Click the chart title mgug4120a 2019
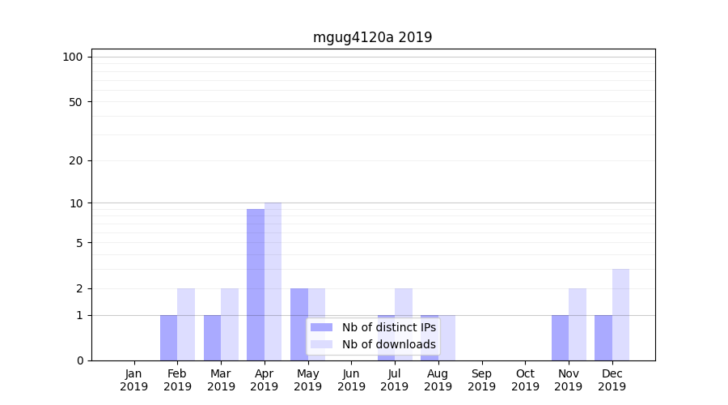[372, 37]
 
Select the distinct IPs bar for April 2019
[256, 284]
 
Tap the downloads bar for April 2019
[273, 281]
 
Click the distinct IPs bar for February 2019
[168, 338]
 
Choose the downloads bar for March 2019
[230, 324]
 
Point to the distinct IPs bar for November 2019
[560, 338]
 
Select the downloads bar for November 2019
[578, 324]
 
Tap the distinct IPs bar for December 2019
[603, 338]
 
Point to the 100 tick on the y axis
[73, 57]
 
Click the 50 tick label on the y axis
[76, 102]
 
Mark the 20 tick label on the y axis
[76, 160]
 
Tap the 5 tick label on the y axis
[79, 243]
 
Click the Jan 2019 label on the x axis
[134, 380]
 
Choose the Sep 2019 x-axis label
[481, 380]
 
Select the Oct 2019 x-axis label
[525, 380]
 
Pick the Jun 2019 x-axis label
[351, 380]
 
